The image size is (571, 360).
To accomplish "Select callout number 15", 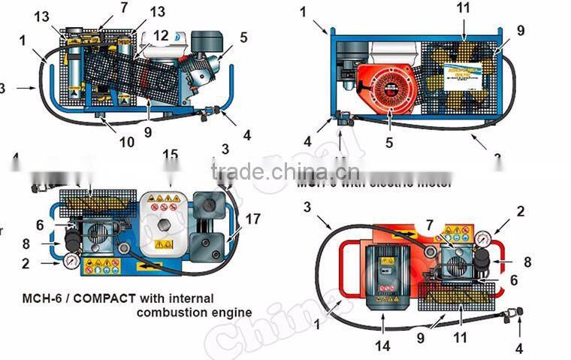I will pyautogui.click(x=171, y=156).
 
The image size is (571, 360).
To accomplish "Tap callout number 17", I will pyautogui.click(x=252, y=220).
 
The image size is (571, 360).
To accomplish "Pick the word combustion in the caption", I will pyautogui.click(x=166, y=312).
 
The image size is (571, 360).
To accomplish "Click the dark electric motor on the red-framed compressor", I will pyautogui.click(x=388, y=268).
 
